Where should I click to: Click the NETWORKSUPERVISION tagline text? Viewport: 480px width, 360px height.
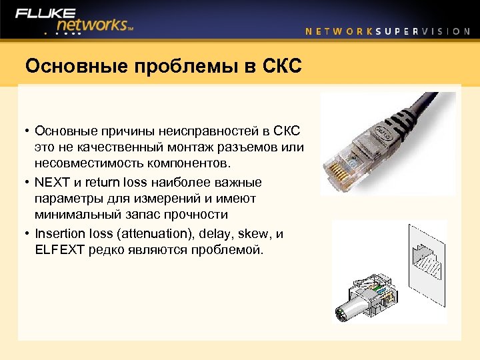pos(387,31)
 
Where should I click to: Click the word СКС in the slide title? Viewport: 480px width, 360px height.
pos(281,66)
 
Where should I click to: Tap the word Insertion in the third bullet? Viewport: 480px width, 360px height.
pos(61,233)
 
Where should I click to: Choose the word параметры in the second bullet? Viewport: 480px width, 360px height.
pos(67,199)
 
